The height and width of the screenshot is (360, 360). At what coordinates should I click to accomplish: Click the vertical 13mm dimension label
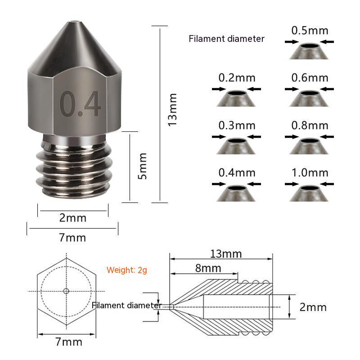coord(172,109)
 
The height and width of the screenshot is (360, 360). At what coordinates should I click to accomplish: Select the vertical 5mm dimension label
coord(142,166)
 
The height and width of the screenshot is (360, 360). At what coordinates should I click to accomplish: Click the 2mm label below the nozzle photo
coord(72,218)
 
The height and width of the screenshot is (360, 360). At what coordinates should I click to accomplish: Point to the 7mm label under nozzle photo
coord(72,238)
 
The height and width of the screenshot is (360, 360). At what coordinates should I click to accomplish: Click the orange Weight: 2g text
coord(127,270)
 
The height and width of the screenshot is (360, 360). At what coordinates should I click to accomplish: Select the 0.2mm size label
coord(237,77)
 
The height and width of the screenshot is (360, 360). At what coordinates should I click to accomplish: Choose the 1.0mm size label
coord(310,172)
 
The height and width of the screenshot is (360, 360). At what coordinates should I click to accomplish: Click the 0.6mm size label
coord(310,77)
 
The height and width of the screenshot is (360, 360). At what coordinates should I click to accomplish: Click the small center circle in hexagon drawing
coord(66,291)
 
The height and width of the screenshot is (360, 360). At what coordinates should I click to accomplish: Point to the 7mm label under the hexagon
coord(66,342)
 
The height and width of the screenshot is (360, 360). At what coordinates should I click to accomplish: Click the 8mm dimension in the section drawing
coord(208,268)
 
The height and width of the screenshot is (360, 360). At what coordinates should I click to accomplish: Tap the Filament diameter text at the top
coord(226,39)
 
